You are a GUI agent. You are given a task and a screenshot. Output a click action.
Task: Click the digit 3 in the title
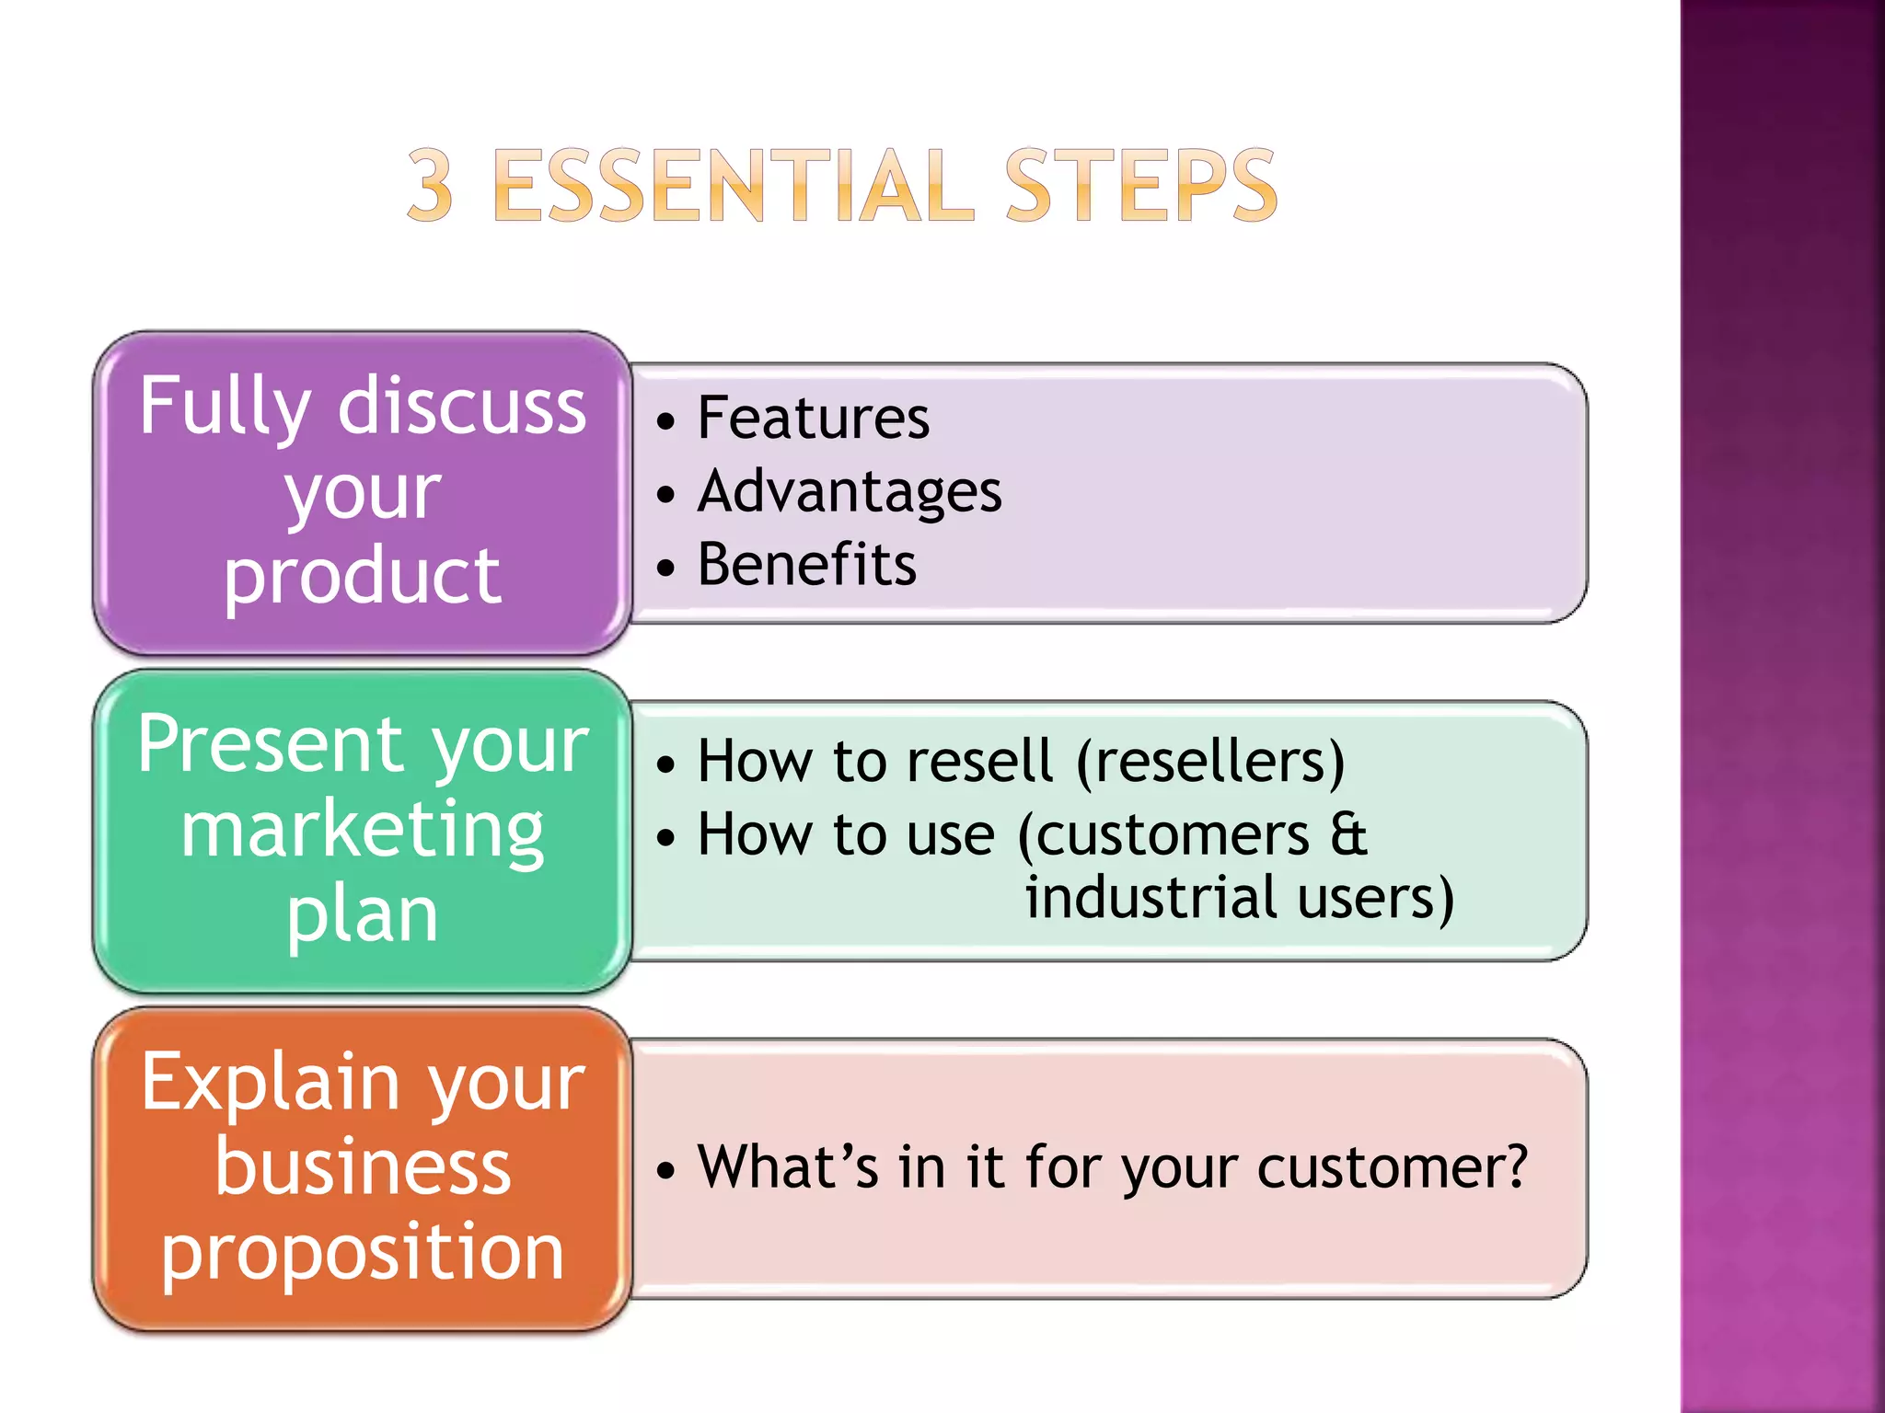click(x=431, y=187)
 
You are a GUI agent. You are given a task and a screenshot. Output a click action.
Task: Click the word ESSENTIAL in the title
click(x=733, y=187)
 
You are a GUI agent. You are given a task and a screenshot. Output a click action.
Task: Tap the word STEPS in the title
click(x=1140, y=187)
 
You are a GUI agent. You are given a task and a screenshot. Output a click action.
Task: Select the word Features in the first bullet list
click(x=814, y=419)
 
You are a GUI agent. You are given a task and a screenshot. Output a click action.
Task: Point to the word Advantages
click(x=850, y=493)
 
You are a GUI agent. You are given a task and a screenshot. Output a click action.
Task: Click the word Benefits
click(x=807, y=565)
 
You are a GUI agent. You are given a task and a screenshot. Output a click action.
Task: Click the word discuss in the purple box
click(x=461, y=407)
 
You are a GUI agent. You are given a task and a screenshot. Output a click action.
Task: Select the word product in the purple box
click(x=363, y=576)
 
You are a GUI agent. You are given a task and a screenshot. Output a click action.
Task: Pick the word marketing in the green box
click(x=363, y=830)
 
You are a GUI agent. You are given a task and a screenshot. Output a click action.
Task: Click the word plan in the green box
click(x=363, y=915)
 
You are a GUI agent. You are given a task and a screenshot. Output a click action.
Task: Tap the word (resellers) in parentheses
click(x=1209, y=763)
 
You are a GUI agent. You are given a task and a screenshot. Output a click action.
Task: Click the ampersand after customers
click(x=1348, y=835)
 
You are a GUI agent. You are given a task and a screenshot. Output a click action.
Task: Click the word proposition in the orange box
click(x=363, y=1253)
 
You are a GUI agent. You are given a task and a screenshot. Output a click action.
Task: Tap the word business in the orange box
click(x=363, y=1168)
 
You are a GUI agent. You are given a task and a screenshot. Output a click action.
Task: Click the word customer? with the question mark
click(x=1392, y=1168)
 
